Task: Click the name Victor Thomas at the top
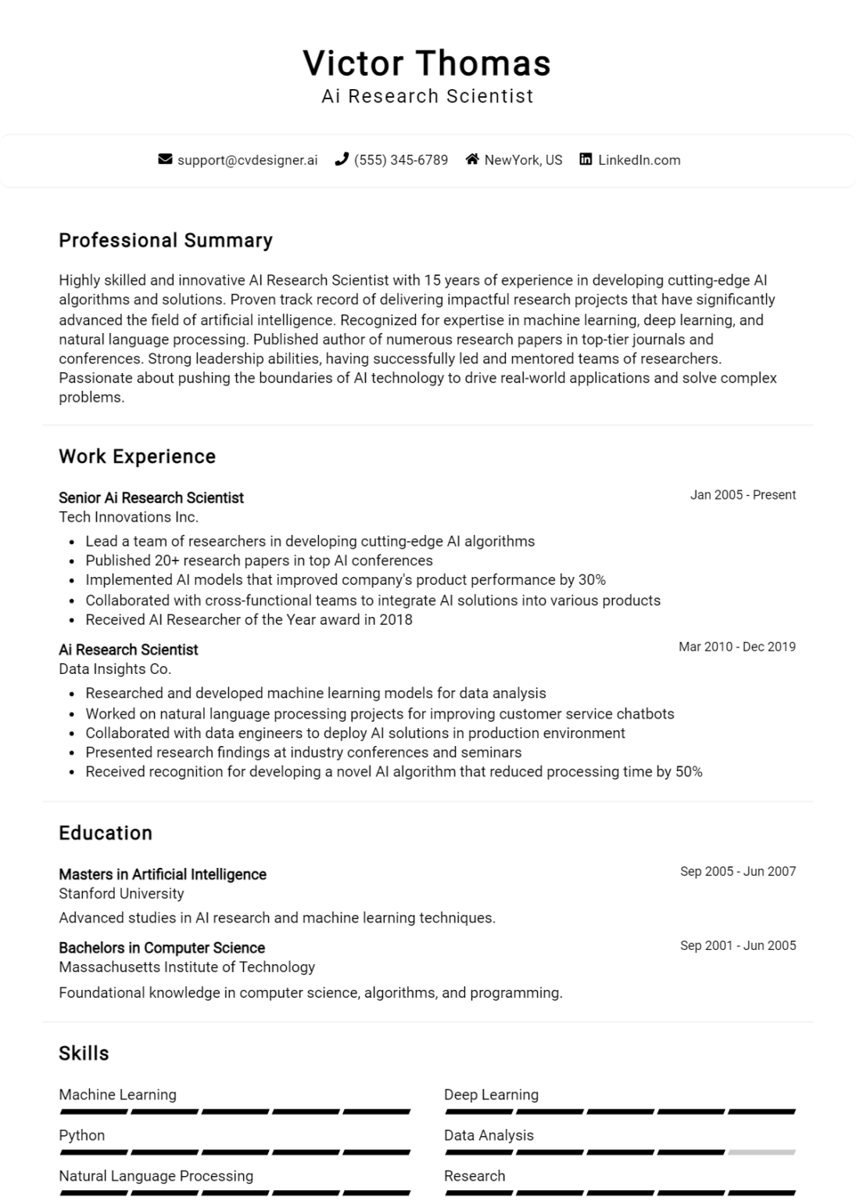click(427, 63)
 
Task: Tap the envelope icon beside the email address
click(165, 160)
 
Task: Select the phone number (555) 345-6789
click(400, 160)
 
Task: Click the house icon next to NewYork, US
click(472, 160)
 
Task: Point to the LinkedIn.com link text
click(639, 160)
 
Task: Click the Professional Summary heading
click(166, 241)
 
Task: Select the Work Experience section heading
click(137, 457)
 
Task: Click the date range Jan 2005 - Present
click(743, 495)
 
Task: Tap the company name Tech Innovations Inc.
click(128, 517)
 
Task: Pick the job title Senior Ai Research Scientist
click(151, 498)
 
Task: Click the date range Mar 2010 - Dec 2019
click(736, 647)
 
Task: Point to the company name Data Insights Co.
click(115, 669)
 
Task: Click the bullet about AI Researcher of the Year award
click(249, 620)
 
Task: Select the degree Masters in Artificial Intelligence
click(163, 875)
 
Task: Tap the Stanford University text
click(121, 894)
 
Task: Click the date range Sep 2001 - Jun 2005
click(738, 945)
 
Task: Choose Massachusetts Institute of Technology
click(187, 967)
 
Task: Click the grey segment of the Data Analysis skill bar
click(761, 1153)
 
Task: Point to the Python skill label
click(82, 1135)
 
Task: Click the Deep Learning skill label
click(491, 1095)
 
